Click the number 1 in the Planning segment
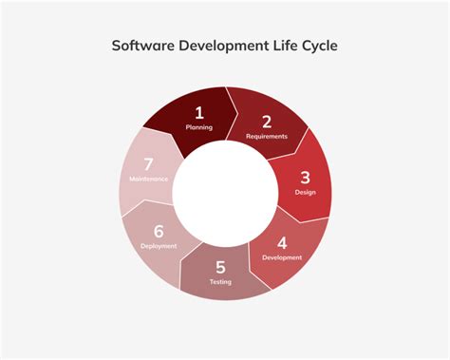[x=199, y=112]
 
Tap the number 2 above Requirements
[x=267, y=121]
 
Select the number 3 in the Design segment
[x=305, y=177]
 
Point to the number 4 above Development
[x=282, y=241]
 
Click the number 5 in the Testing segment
[x=220, y=267]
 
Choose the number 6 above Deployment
[x=159, y=231]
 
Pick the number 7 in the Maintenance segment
[x=148, y=164]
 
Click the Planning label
[x=199, y=126]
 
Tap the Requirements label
[x=267, y=136]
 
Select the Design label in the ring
[x=305, y=192]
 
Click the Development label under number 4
[x=282, y=256]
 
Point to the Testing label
[x=220, y=282]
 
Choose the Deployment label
[x=159, y=246]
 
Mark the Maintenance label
[x=148, y=179]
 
